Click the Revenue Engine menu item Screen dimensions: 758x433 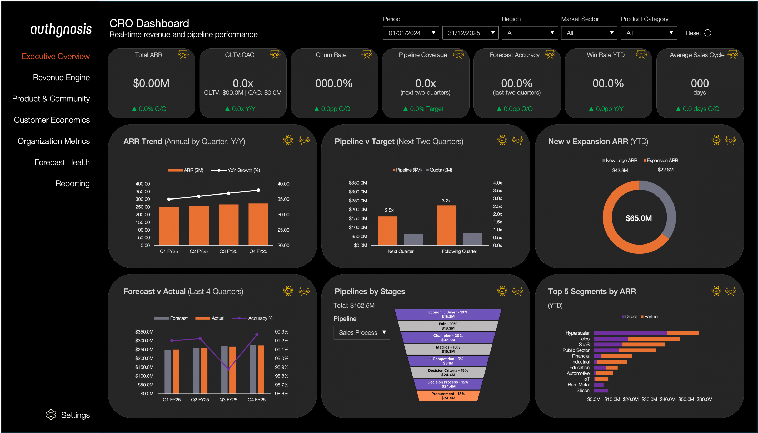61,77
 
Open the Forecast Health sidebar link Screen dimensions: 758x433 62,162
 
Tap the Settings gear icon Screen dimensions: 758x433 51,415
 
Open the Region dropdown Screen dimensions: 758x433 530,33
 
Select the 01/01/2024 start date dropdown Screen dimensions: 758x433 411,33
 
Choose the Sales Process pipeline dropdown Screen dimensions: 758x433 361,332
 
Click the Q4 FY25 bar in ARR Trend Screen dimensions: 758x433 258,224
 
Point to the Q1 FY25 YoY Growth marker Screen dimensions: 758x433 169,199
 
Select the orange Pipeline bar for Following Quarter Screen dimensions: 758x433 446,225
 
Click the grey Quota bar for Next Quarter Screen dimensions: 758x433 413,239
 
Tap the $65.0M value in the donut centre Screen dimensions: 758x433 639,218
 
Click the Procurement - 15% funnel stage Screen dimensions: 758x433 448,396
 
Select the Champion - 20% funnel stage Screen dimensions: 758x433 448,337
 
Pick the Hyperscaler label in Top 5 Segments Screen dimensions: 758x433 577,333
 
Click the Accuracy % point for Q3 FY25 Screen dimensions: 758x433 228,369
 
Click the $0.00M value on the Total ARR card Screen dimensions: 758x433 151,83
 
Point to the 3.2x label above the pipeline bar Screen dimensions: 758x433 446,201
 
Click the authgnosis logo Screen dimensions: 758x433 61,29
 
